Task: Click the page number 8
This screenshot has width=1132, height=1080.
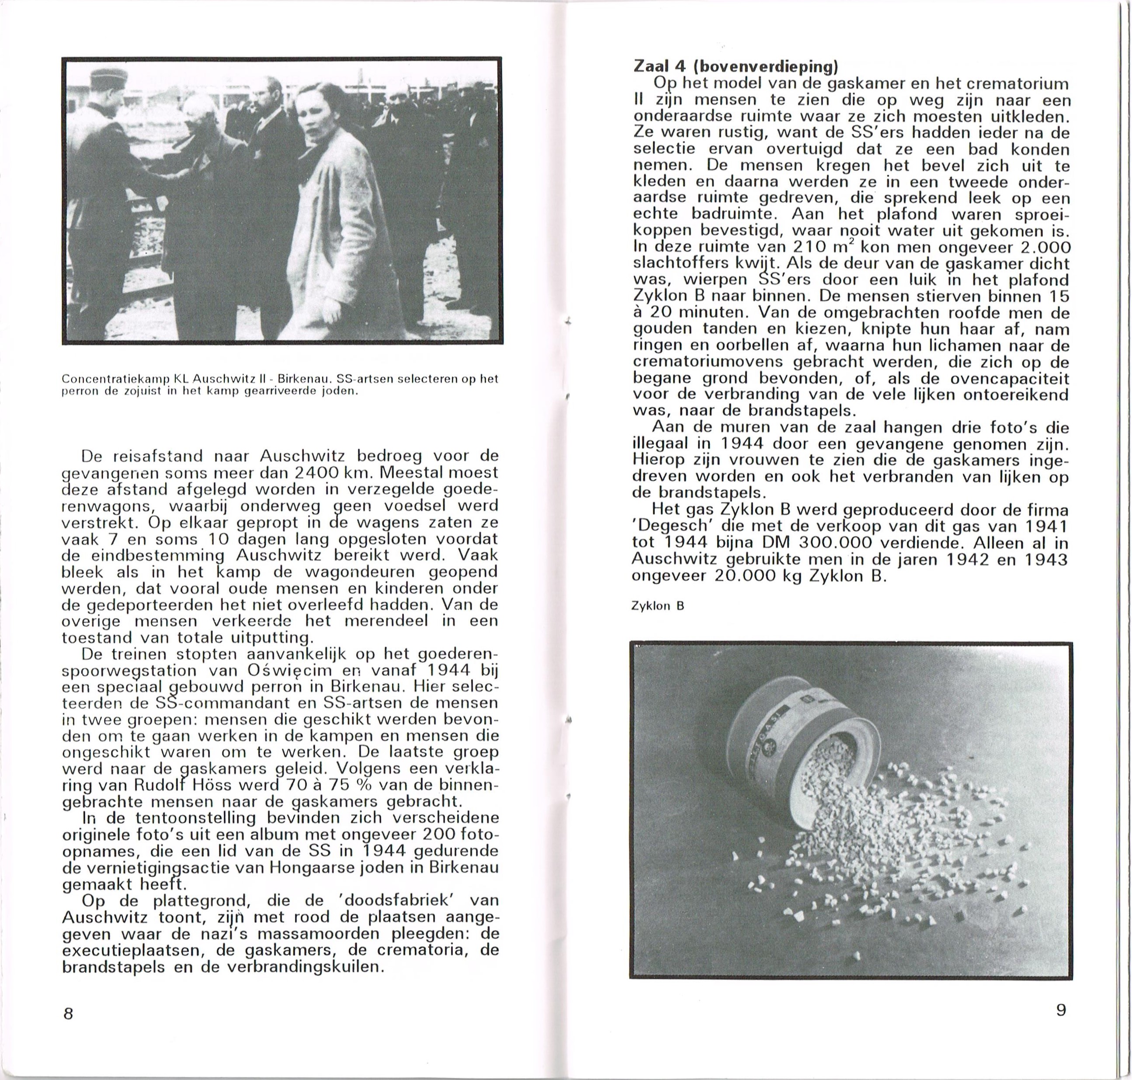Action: [68, 1014]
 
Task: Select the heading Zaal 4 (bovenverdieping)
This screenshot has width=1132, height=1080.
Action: [735, 67]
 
